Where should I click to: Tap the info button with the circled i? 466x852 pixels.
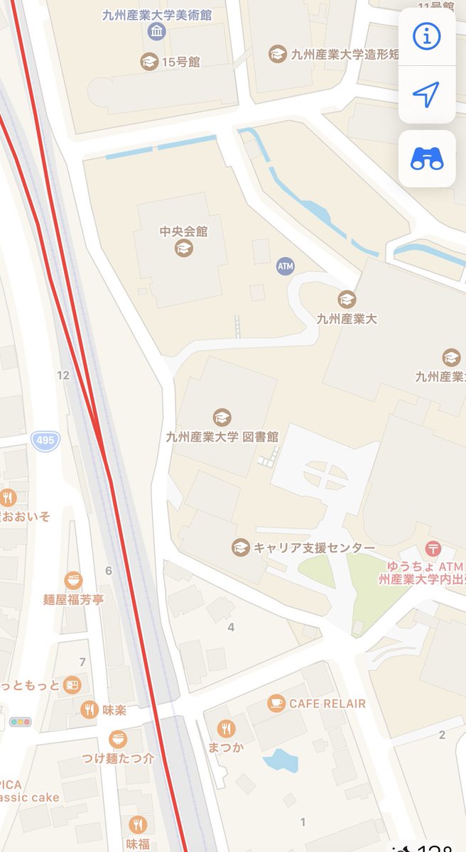click(x=426, y=37)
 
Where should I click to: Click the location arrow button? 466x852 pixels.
click(x=426, y=94)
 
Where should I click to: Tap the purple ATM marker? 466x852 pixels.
click(x=285, y=266)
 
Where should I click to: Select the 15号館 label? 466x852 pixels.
click(x=180, y=62)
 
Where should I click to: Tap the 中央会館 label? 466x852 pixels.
click(x=184, y=231)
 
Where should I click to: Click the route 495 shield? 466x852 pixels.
click(x=45, y=440)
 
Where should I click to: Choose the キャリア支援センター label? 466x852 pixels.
click(x=314, y=547)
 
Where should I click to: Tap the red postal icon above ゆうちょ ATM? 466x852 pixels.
click(x=433, y=548)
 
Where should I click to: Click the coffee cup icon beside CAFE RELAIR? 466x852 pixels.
click(x=276, y=703)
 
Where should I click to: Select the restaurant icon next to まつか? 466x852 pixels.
click(x=226, y=728)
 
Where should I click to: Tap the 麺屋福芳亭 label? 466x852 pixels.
click(x=73, y=599)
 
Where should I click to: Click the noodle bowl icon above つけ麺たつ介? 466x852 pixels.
click(x=118, y=738)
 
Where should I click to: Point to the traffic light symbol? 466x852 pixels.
click(x=21, y=721)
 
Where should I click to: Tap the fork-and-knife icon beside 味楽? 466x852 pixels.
click(x=89, y=709)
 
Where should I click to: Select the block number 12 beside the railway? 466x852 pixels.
click(x=63, y=375)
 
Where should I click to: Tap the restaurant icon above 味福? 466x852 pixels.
click(x=138, y=824)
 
